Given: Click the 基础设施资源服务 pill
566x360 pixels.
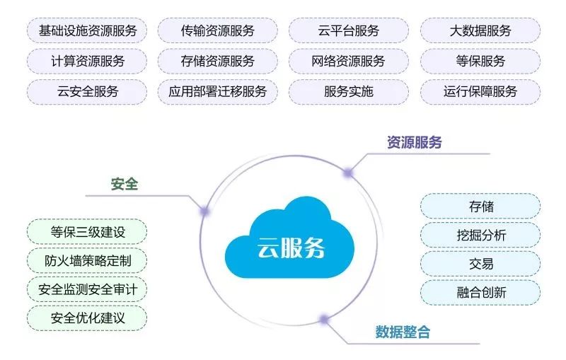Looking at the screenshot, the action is (x=87, y=30).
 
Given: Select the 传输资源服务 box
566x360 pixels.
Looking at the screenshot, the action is (x=218, y=30).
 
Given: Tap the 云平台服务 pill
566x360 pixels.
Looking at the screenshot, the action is (x=349, y=30).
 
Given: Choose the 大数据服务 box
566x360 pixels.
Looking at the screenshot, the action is (x=480, y=30).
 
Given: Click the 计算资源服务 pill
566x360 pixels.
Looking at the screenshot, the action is (x=87, y=61).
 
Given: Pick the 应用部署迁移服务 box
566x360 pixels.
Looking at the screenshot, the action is (x=218, y=92).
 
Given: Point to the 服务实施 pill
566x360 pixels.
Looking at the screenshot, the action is (x=349, y=92).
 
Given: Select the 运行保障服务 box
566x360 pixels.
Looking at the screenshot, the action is (x=480, y=92).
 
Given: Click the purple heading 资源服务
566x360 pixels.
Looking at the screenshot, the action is (x=415, y=142).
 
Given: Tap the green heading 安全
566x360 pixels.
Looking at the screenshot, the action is (x=125, y=184).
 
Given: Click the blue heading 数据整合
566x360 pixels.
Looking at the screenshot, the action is (x=403, y=332).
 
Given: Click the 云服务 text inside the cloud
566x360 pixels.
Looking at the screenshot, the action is (x=291, y=248).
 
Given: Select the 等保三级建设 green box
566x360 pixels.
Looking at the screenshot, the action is (x=87, y=232).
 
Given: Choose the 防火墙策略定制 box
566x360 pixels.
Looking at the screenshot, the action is (x=87, y=260).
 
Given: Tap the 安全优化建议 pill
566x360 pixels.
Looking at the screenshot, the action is (x=87, y=318).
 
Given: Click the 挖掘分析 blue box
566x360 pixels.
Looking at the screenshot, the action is (x=480, y=235).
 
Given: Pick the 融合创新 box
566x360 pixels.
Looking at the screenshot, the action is (x=480, y=292).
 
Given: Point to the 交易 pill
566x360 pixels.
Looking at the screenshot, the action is (x=480, y=264).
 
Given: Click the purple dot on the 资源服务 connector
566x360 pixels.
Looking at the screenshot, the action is (x=348, y=173).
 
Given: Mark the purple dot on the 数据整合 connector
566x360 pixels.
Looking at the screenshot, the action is (x=324, y=319).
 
